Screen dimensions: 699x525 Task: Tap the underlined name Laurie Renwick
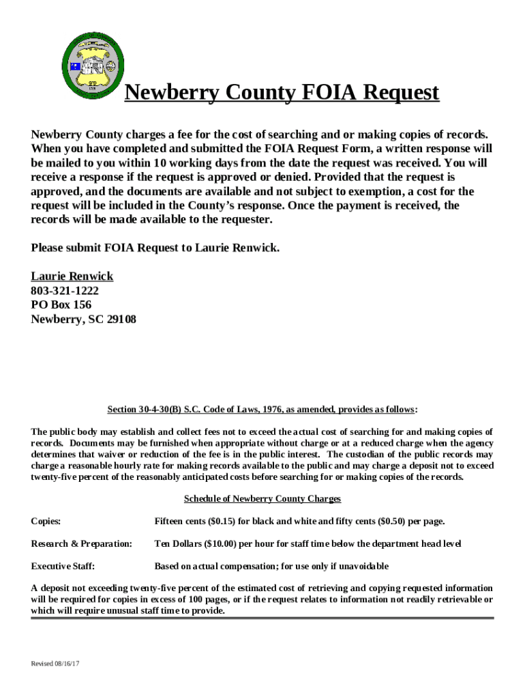(72, 276)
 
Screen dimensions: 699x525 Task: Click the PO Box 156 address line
(61, 304)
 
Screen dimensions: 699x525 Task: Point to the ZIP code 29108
(121, 319)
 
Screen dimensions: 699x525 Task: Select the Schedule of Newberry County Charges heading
(262, 499)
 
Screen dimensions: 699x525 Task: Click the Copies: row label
(46, 522)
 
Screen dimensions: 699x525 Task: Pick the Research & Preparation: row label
(81, 544)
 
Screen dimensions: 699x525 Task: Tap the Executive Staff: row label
(63, 566)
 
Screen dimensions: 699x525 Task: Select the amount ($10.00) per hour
(220, 544)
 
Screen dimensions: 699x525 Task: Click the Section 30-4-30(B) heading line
(262, 410)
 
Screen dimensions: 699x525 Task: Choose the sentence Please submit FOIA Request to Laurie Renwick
(155, 248)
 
